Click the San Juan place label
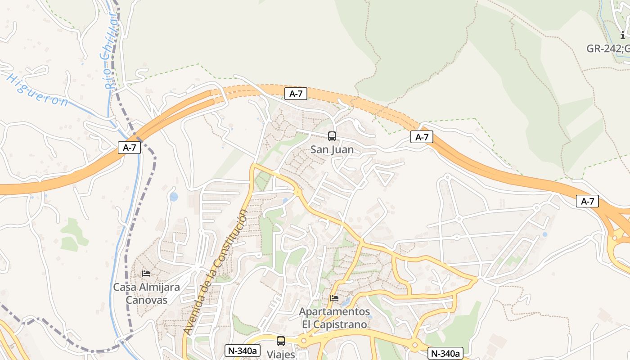point(332,149)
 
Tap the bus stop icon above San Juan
point(332,136)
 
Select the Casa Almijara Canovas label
point(146,293)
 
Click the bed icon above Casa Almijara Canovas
point(146,273)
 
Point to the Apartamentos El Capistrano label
point(334,318)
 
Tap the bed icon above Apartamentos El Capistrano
point(334,298)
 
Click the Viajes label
point(280,354)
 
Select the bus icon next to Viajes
point(281,341)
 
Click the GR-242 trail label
point(607,49)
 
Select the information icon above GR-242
point(623,35)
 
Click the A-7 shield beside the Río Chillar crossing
point(130,147)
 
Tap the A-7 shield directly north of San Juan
point(296,94)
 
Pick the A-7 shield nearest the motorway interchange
point(587,201)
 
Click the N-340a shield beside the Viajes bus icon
point(243,351)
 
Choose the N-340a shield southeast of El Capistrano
point(445,353)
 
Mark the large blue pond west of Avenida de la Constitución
point(174,197)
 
